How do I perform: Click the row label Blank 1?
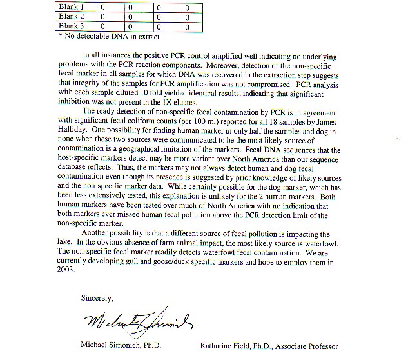[x=72, y=7]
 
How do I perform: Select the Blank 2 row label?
[x=72, y=17]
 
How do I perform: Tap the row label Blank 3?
[x=72, y=26]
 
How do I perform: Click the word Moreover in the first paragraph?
[x=223, y=66]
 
